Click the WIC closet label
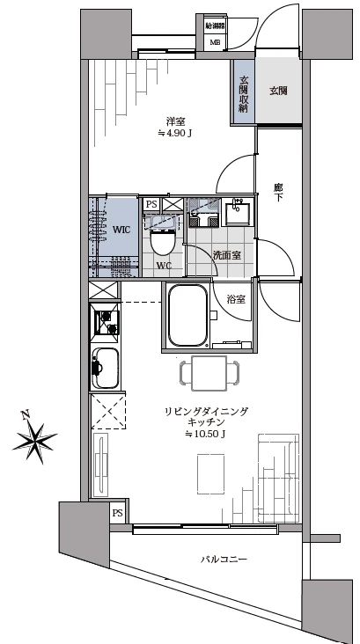(121, 229)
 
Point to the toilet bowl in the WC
(164, 241)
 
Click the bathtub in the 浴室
(186, 317)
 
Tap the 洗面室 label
(227, 255)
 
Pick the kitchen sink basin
(107, 368)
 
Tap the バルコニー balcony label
(223, 560)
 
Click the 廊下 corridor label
(278, 194)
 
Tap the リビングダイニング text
(208, 411)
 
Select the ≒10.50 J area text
(206, 435)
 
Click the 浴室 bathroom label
(236, 299)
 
